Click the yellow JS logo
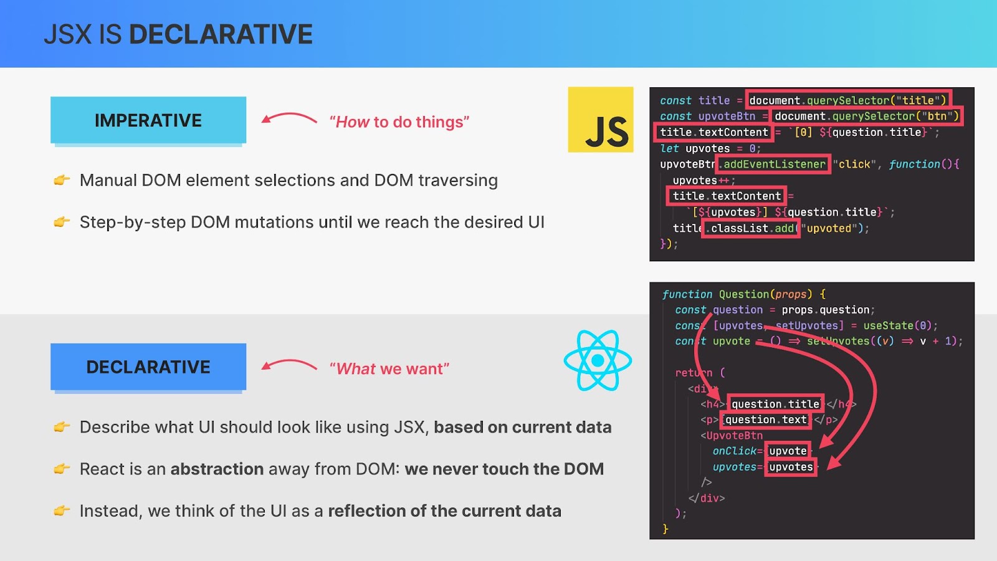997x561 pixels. tap(601, 119)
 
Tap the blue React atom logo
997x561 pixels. tap(598, 360)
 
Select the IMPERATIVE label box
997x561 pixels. tap(148, 120)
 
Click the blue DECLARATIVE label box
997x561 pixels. tap(148, 367)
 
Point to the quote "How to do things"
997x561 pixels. tap(399, 122)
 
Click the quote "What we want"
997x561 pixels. tap(389, 368)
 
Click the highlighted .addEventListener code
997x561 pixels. tap(773, 165)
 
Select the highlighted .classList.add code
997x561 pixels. tap(750, 228)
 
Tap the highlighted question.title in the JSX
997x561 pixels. tap(775, 404)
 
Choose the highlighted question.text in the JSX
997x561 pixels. tap(766, 420)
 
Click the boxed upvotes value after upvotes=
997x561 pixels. tap(791, 467)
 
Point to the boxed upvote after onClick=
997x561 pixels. tap(788, 451)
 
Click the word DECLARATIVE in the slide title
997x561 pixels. tap(221, 34)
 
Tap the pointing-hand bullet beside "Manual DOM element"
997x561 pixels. tap(62, 180)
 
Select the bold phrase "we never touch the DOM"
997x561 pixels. tap(504, 469)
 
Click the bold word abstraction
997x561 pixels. tap(217, 469)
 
